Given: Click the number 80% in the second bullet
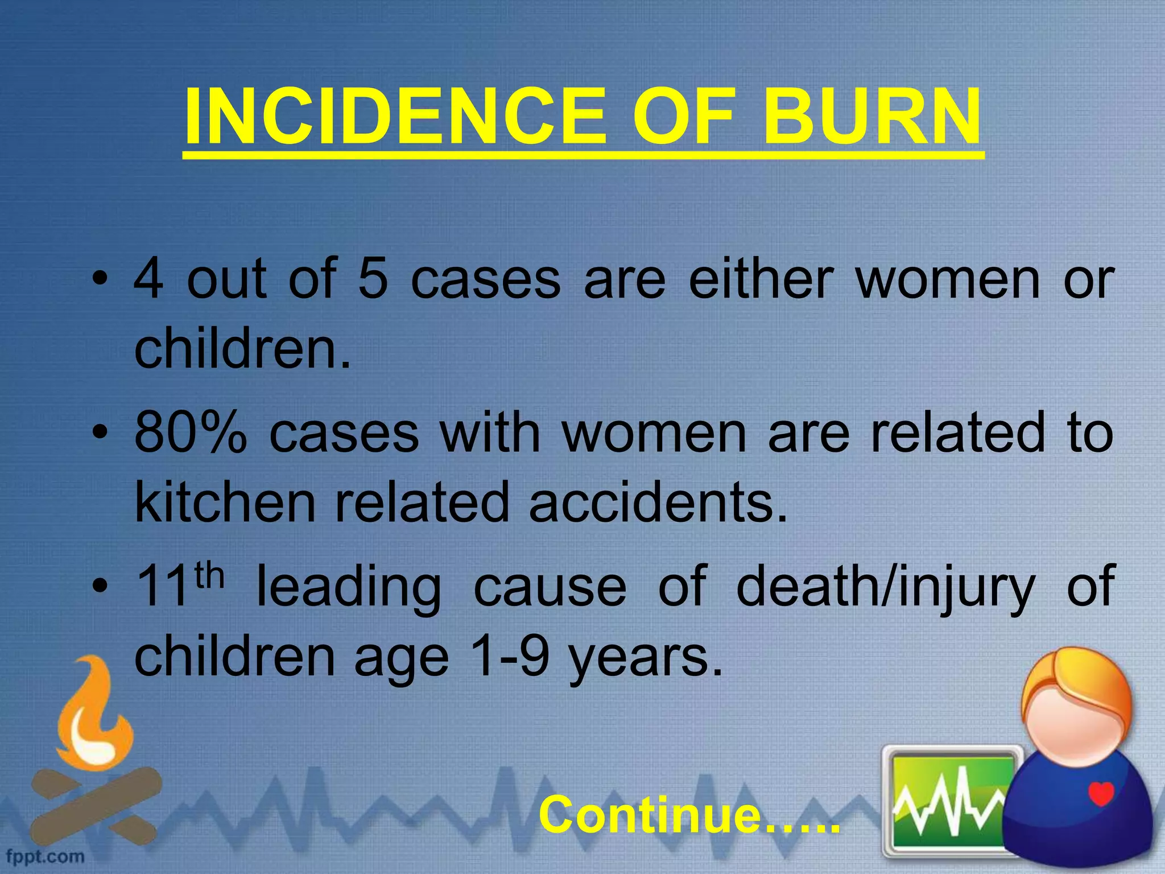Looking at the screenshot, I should tap(191, 434).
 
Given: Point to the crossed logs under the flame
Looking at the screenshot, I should tap(94, 802).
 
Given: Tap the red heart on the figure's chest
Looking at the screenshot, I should tap(1101, 793).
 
